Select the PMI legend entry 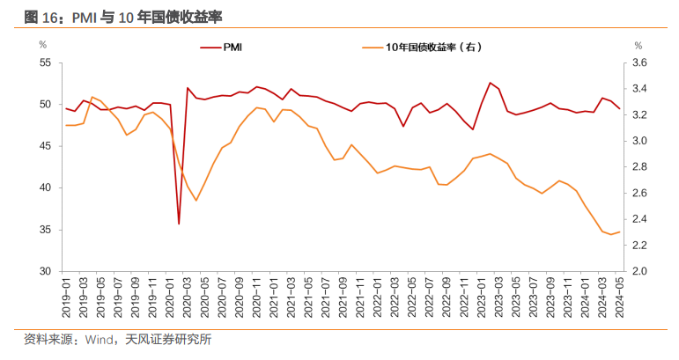[238, 46]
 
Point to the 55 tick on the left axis [45, 62]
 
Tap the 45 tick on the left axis [45, 146]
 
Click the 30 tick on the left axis [45, 271]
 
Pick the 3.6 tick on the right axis [639, 62]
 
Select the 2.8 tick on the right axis [639, 166]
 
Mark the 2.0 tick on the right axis [639, 271]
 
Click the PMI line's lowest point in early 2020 [179, 224]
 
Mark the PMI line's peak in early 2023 [490, 83]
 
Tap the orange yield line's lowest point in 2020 [196, 201]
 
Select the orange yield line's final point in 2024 [619, 232]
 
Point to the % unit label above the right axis [638, 44]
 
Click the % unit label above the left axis [42, 44]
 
